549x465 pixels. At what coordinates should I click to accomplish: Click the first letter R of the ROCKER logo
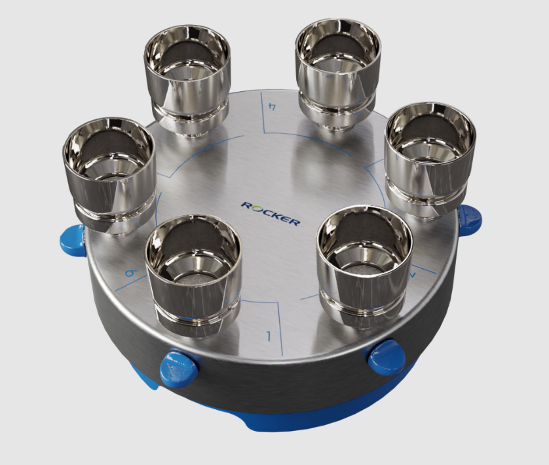coord(246,205)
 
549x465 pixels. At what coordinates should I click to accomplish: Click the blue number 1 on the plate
coord(268,337)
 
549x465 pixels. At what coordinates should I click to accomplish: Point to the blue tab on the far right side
coord(470,220)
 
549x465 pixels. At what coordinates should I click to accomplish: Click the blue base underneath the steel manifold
coord(275,420)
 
